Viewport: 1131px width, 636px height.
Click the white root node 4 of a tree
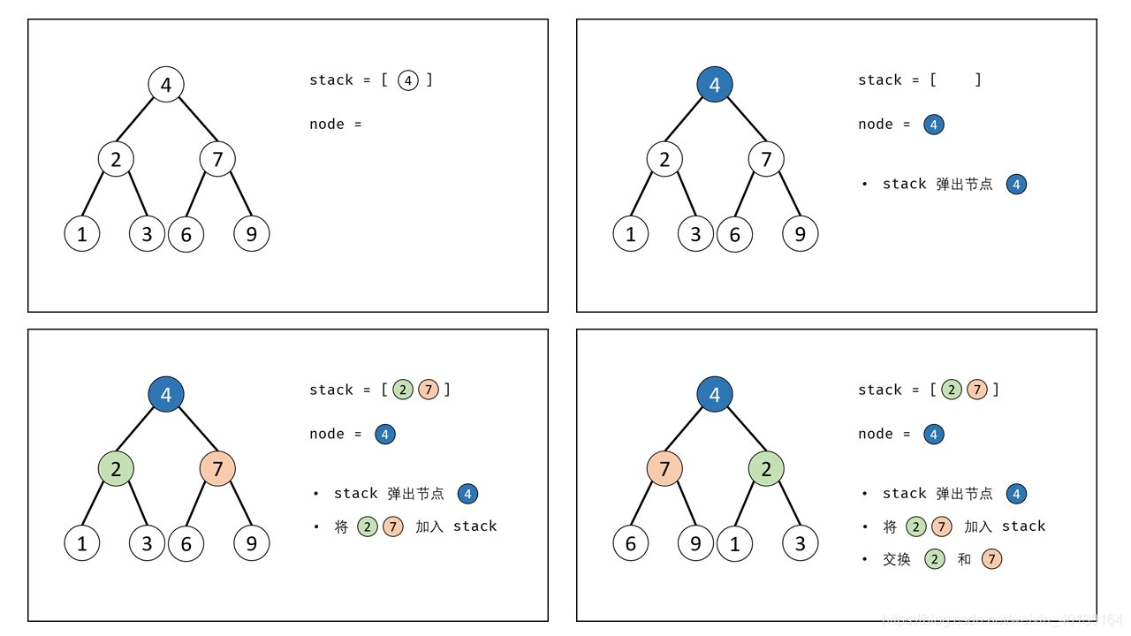(166, 85)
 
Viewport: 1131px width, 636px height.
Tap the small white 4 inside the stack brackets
(407, 80)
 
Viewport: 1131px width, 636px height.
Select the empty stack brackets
(955, 80)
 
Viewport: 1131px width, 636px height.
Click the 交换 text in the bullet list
(896, 559)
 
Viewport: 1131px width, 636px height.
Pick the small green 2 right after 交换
(935, 559)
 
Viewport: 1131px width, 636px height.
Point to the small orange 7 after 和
(991, 559)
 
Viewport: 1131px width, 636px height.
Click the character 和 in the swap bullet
(964, 559)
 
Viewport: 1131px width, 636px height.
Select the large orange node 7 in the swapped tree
(664, 468)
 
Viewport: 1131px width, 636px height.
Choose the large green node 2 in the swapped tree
(766, 468)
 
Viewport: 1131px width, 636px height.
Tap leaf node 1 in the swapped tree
(734, 543)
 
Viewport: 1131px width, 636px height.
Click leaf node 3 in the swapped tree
(800, 543)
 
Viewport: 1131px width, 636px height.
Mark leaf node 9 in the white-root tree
(251, 233)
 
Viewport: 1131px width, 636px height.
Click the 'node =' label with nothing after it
(336, 125)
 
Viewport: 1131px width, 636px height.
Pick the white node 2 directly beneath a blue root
(664, 159)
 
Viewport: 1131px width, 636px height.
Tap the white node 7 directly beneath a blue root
(766, 159)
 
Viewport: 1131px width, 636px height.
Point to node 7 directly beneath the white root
(217, 159)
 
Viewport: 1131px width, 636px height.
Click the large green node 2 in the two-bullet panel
(116, 468)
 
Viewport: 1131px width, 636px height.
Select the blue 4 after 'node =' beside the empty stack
(934, 125)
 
